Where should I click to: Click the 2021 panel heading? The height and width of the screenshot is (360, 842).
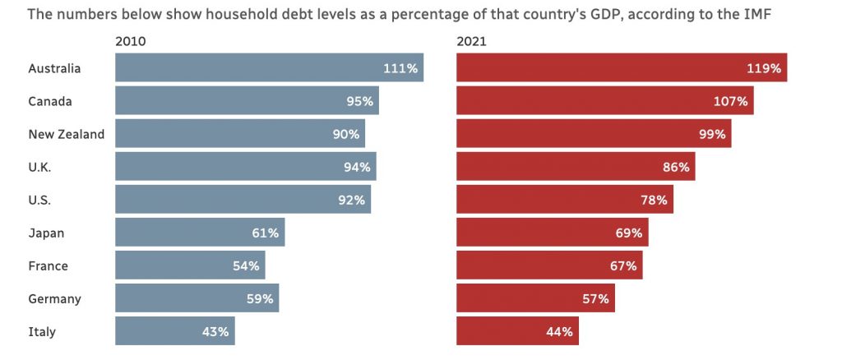[x=471, y=41]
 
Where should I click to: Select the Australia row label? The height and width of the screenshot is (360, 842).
[x=54, y=68]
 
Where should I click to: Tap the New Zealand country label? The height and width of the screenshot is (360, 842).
[x=66, y=134]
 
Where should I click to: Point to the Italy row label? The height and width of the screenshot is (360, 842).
[x=42, y=332]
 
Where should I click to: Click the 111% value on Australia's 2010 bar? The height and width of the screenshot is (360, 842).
[x=400, y=68]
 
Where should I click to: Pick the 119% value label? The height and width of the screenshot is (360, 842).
[x=764, y=68]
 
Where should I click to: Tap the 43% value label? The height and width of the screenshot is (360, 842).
[x=215, y=332]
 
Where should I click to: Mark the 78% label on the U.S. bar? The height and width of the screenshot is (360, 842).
[x=654, y=200]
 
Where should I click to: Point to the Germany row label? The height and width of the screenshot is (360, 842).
[x=54, y=299]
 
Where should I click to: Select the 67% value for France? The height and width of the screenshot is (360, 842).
[x=623, y=266]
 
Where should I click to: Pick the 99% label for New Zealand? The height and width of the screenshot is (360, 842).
[x=712, y=134]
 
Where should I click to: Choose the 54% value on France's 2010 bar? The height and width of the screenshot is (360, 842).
[x=246, y=266]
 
